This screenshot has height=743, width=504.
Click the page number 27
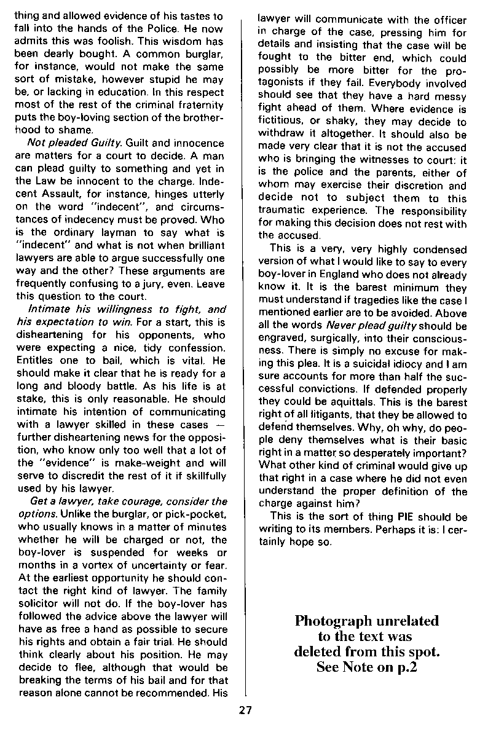245,711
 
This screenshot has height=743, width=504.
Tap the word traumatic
286,211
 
